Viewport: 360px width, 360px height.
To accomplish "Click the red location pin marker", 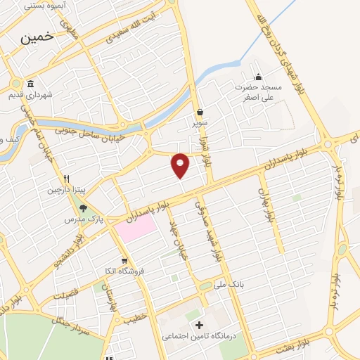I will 181,164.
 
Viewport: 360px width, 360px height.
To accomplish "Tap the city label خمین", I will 37,39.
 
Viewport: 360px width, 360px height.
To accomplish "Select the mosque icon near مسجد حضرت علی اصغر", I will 258,77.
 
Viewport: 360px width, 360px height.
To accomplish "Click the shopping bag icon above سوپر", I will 200,112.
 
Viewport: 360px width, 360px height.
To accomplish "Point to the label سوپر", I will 200,123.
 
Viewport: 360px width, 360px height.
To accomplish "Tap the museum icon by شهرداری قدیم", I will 30,83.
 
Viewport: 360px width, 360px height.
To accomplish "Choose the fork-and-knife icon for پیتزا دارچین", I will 67,179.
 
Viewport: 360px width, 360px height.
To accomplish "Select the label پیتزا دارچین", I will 66,190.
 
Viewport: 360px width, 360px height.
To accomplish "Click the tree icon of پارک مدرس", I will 84,207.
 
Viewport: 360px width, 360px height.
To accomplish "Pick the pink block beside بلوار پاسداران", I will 135,227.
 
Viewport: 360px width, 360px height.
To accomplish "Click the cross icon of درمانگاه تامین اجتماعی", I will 200,325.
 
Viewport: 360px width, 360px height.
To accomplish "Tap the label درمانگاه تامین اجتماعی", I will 200,337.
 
